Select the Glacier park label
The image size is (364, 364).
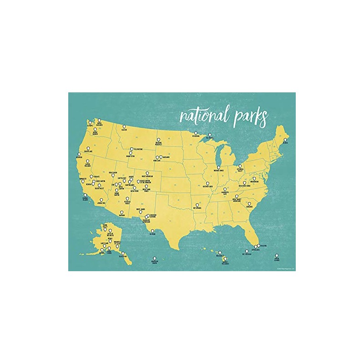[124, 130]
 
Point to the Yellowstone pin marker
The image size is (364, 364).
[131, 149]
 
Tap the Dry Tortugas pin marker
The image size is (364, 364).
[246, 252]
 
